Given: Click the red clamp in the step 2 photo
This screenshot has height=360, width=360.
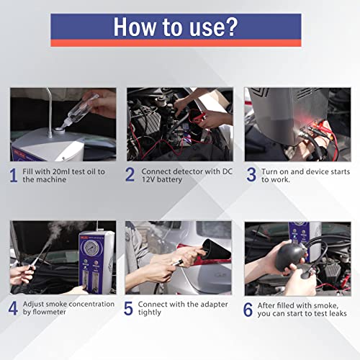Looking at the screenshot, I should [x=203, y=105].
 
